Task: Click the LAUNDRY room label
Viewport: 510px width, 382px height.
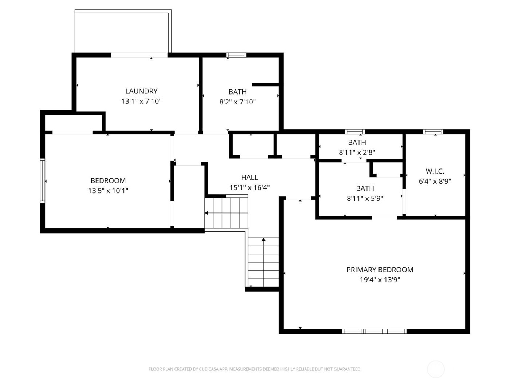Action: click(x=141, y=91)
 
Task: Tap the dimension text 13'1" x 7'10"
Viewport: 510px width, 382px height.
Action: click(x=141, y=101)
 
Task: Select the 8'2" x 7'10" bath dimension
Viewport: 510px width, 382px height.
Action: click(x=238, y=102)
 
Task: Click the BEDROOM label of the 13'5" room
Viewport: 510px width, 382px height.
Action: click(x=108, y=180)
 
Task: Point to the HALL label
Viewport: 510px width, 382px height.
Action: click(x=250, y=178)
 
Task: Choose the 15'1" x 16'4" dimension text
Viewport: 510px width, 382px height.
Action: click(x=250, y=188)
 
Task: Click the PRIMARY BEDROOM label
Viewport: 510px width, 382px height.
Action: click(x=380, y=270)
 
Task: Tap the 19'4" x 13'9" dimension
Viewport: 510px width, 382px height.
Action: click(x=380, y=280)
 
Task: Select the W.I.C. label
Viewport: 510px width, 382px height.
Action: click(x=435, y=171)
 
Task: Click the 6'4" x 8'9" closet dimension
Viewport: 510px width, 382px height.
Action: click(x=435, y=181)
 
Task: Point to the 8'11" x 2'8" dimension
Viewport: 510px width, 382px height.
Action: click(x=357, y=152)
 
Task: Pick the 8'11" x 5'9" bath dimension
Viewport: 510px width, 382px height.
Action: click(x=365, y=198)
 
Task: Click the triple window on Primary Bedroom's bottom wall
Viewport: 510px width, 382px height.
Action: click(x=374, y=331)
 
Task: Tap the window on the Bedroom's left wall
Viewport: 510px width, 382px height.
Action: click(x=43, y=180)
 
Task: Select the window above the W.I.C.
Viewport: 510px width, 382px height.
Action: click(x=433, y=131)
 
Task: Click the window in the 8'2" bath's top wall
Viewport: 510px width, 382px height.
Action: click(x=236, y=55)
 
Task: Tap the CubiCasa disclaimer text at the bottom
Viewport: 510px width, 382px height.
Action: click(x=255, y=369)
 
